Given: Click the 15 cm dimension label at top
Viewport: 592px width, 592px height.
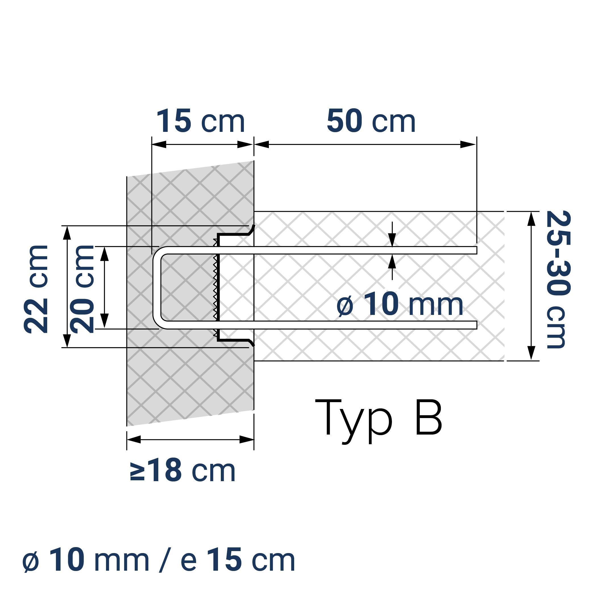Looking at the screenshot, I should click(x=201, y=121).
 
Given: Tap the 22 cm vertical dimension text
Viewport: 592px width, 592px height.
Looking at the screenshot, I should click(x=36, y=289).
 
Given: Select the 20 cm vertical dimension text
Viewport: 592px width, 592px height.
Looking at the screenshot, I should click(x=82, y=289).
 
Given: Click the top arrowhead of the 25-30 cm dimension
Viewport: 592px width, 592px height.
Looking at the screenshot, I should click(x=532, y=219).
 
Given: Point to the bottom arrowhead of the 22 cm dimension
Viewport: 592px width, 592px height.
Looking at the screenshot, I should click(x=67, y=340).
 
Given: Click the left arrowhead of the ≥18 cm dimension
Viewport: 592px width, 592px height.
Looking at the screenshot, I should click(x=134, y=439).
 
